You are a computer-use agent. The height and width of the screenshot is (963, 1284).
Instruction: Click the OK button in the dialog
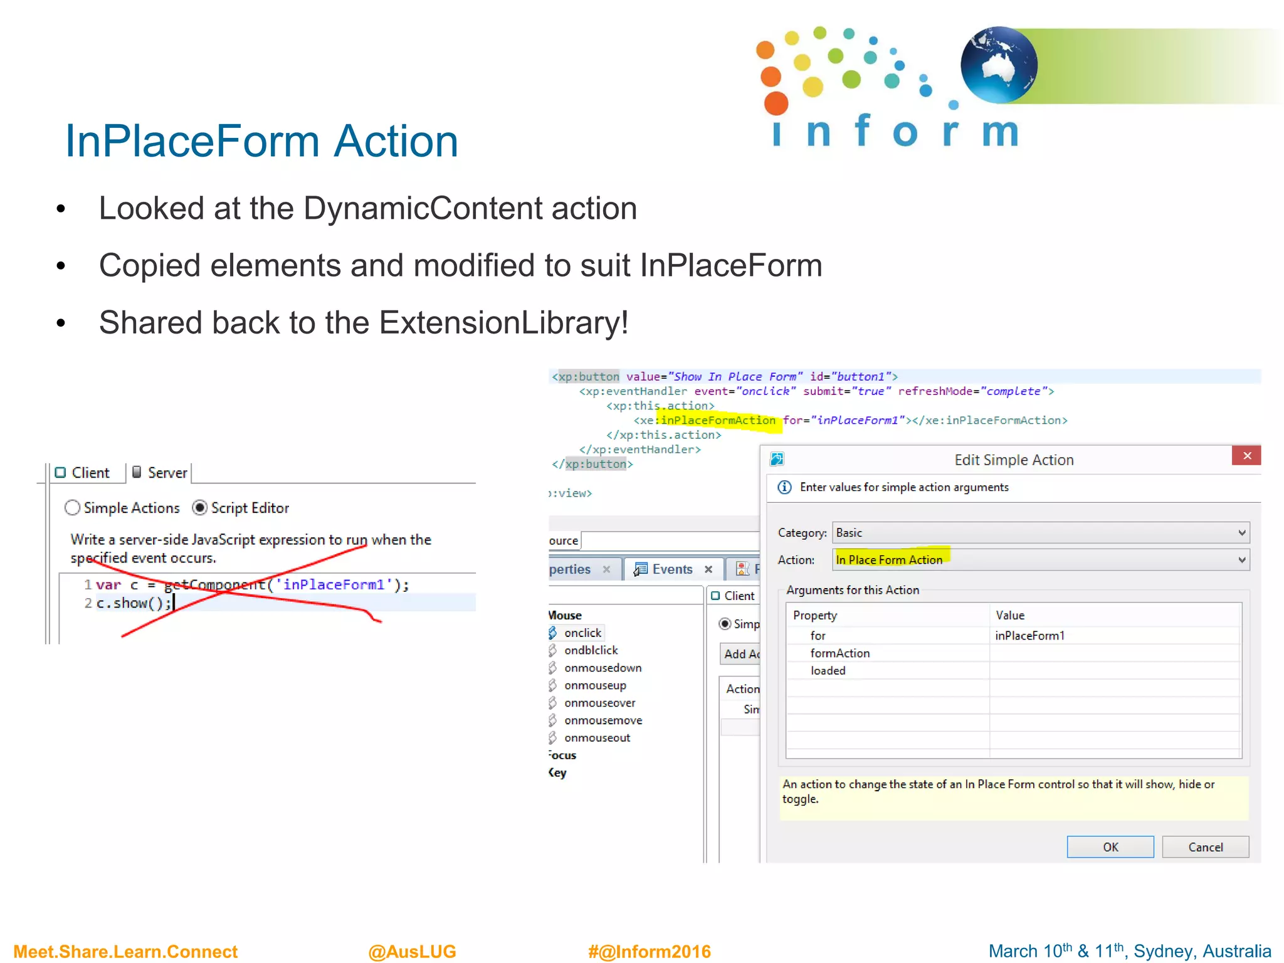coord(1110,847)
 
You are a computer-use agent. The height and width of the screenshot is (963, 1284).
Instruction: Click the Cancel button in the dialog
coord(1205,847)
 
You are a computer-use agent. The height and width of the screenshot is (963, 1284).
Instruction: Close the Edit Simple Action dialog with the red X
coord(1246,456)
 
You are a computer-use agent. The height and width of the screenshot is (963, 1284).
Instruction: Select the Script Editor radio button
coord(200,508)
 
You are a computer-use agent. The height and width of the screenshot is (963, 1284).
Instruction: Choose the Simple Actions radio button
coord(73,508)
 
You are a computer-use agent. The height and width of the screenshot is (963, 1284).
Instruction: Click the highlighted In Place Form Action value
coord(889,560)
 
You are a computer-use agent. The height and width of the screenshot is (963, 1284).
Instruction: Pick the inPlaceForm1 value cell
coord(1029,636)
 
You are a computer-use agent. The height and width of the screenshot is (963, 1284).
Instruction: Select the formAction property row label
coord(839,653)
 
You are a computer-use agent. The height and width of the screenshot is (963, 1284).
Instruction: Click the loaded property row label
coord(828,671)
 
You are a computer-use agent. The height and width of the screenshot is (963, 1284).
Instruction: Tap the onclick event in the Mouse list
coord(582,633)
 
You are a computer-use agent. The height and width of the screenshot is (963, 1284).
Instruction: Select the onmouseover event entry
coord(599,703)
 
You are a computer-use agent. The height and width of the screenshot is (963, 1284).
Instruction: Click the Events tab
coord(672,569)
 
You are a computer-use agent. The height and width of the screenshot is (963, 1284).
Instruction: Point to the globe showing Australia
coord(999,65)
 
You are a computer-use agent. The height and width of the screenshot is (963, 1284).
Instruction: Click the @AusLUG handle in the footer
coord(412,952)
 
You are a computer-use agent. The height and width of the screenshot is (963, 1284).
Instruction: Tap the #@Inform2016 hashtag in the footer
coord(650,952)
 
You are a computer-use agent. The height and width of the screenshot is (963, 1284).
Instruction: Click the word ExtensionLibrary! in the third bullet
coord(503,323)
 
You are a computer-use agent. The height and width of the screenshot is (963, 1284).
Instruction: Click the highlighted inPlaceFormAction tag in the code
coord(717,421)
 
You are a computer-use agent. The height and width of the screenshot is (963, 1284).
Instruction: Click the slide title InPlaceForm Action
coord(261,141)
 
